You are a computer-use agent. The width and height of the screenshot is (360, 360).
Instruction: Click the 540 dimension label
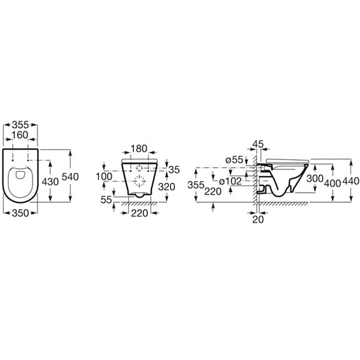70,177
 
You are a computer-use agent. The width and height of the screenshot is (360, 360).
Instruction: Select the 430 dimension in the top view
50,182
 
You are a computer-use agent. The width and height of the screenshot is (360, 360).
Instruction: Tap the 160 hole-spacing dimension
20,135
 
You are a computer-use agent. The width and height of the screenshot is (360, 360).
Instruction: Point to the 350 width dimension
20,213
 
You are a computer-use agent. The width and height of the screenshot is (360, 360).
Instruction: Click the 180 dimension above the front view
139,149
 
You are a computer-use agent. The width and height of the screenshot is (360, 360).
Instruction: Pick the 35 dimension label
174,170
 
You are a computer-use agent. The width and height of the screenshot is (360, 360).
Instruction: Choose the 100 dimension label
104,177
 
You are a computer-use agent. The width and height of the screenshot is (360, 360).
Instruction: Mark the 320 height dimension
167,187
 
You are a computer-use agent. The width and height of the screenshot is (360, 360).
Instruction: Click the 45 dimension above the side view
258,145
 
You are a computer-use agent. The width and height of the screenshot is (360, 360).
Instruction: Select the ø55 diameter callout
234,160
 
